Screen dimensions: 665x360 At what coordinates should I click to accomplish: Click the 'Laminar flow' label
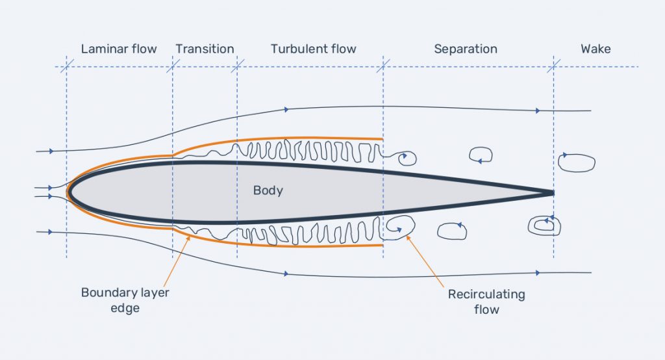tap(119, 49)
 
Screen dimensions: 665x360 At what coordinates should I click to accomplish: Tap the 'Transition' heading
tap(205, 49)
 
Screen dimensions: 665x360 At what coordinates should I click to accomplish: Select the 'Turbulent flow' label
tap(314, 49)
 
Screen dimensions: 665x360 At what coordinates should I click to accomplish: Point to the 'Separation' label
tap(466, 49)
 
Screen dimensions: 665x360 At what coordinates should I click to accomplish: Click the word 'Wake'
tap(596, 49)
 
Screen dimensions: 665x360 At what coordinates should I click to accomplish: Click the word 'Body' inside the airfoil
tap(268, 190)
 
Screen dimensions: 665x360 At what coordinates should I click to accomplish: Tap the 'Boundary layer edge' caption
tap(125, 300)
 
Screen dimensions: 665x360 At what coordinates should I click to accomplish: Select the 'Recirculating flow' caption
tap(486, 302)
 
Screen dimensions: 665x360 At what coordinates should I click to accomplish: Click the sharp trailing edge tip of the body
tap(553, 193)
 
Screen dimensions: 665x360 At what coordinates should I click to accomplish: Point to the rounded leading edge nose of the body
tap(69, 192)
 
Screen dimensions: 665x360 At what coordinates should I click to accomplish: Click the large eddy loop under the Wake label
tap(577, 163)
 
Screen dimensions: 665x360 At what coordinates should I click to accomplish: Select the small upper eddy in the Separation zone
tap(481, 155)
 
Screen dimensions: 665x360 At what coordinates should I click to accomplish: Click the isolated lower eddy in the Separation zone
tap(452, 231)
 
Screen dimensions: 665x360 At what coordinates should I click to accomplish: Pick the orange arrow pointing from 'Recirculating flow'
tap(425, 261)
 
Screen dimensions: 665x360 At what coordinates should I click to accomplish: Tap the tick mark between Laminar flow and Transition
tap(173, 67)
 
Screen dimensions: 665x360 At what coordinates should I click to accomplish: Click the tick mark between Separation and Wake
tap(553, 67)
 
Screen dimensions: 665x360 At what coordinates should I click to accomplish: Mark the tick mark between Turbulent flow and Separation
tap(383, 67)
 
